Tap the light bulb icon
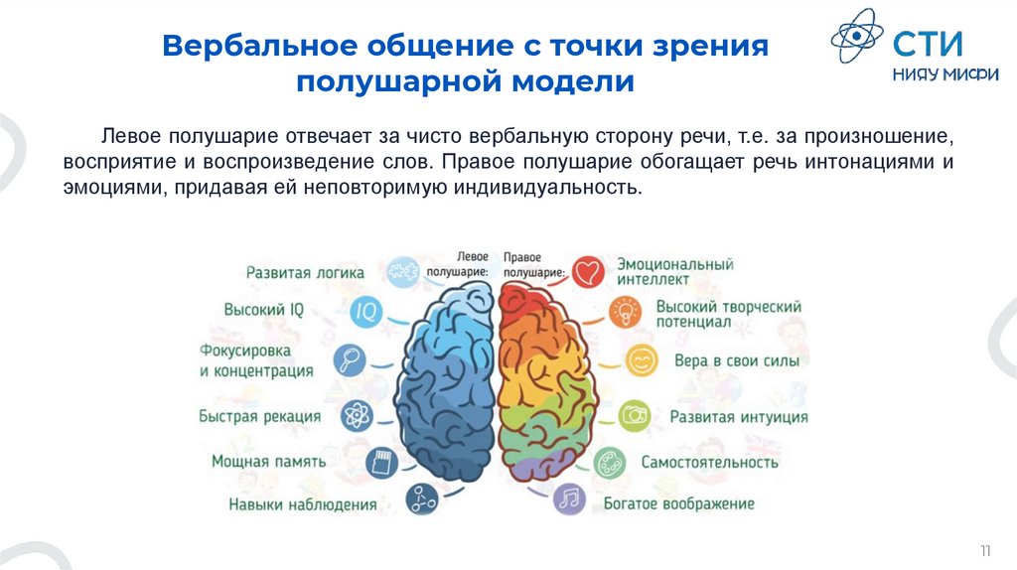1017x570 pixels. (626, 314)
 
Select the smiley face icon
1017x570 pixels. (642, 359)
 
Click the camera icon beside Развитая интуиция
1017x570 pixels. (634, 415)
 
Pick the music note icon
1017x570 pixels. (570, 499)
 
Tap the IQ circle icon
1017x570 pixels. (366, 311)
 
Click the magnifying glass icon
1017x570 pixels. (350, 359)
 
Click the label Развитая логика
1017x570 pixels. (305, 272)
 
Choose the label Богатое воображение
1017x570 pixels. (679, 504)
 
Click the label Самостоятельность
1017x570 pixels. (709, 462)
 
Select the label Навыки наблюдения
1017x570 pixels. (302, 504)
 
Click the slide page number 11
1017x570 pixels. (985, 550)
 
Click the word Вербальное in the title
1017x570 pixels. (259, 47)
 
